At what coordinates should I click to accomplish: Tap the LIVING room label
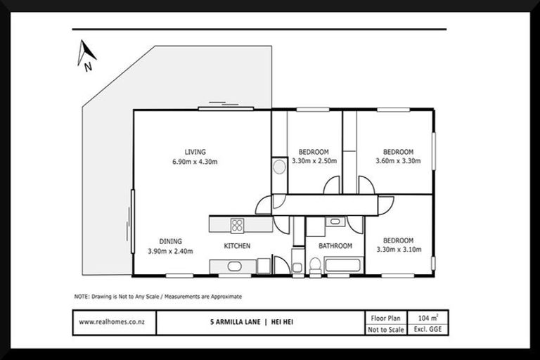pos(195,152)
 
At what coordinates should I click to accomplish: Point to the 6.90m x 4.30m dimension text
pos(195,162)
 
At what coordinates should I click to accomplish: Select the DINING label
pos(170,241)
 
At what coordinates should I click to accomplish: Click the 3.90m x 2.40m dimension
pos(170,251)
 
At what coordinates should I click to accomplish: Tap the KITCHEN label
pos(237,246)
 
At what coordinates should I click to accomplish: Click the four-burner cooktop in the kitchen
pos(237,225)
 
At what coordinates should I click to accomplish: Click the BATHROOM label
pos(335,246)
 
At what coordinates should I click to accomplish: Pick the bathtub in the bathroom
pos(342,266)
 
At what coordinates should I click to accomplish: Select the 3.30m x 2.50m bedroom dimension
pos(313,161)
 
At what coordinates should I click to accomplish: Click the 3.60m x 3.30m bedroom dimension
pos(397,161)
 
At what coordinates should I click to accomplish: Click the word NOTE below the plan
pos(82,296)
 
